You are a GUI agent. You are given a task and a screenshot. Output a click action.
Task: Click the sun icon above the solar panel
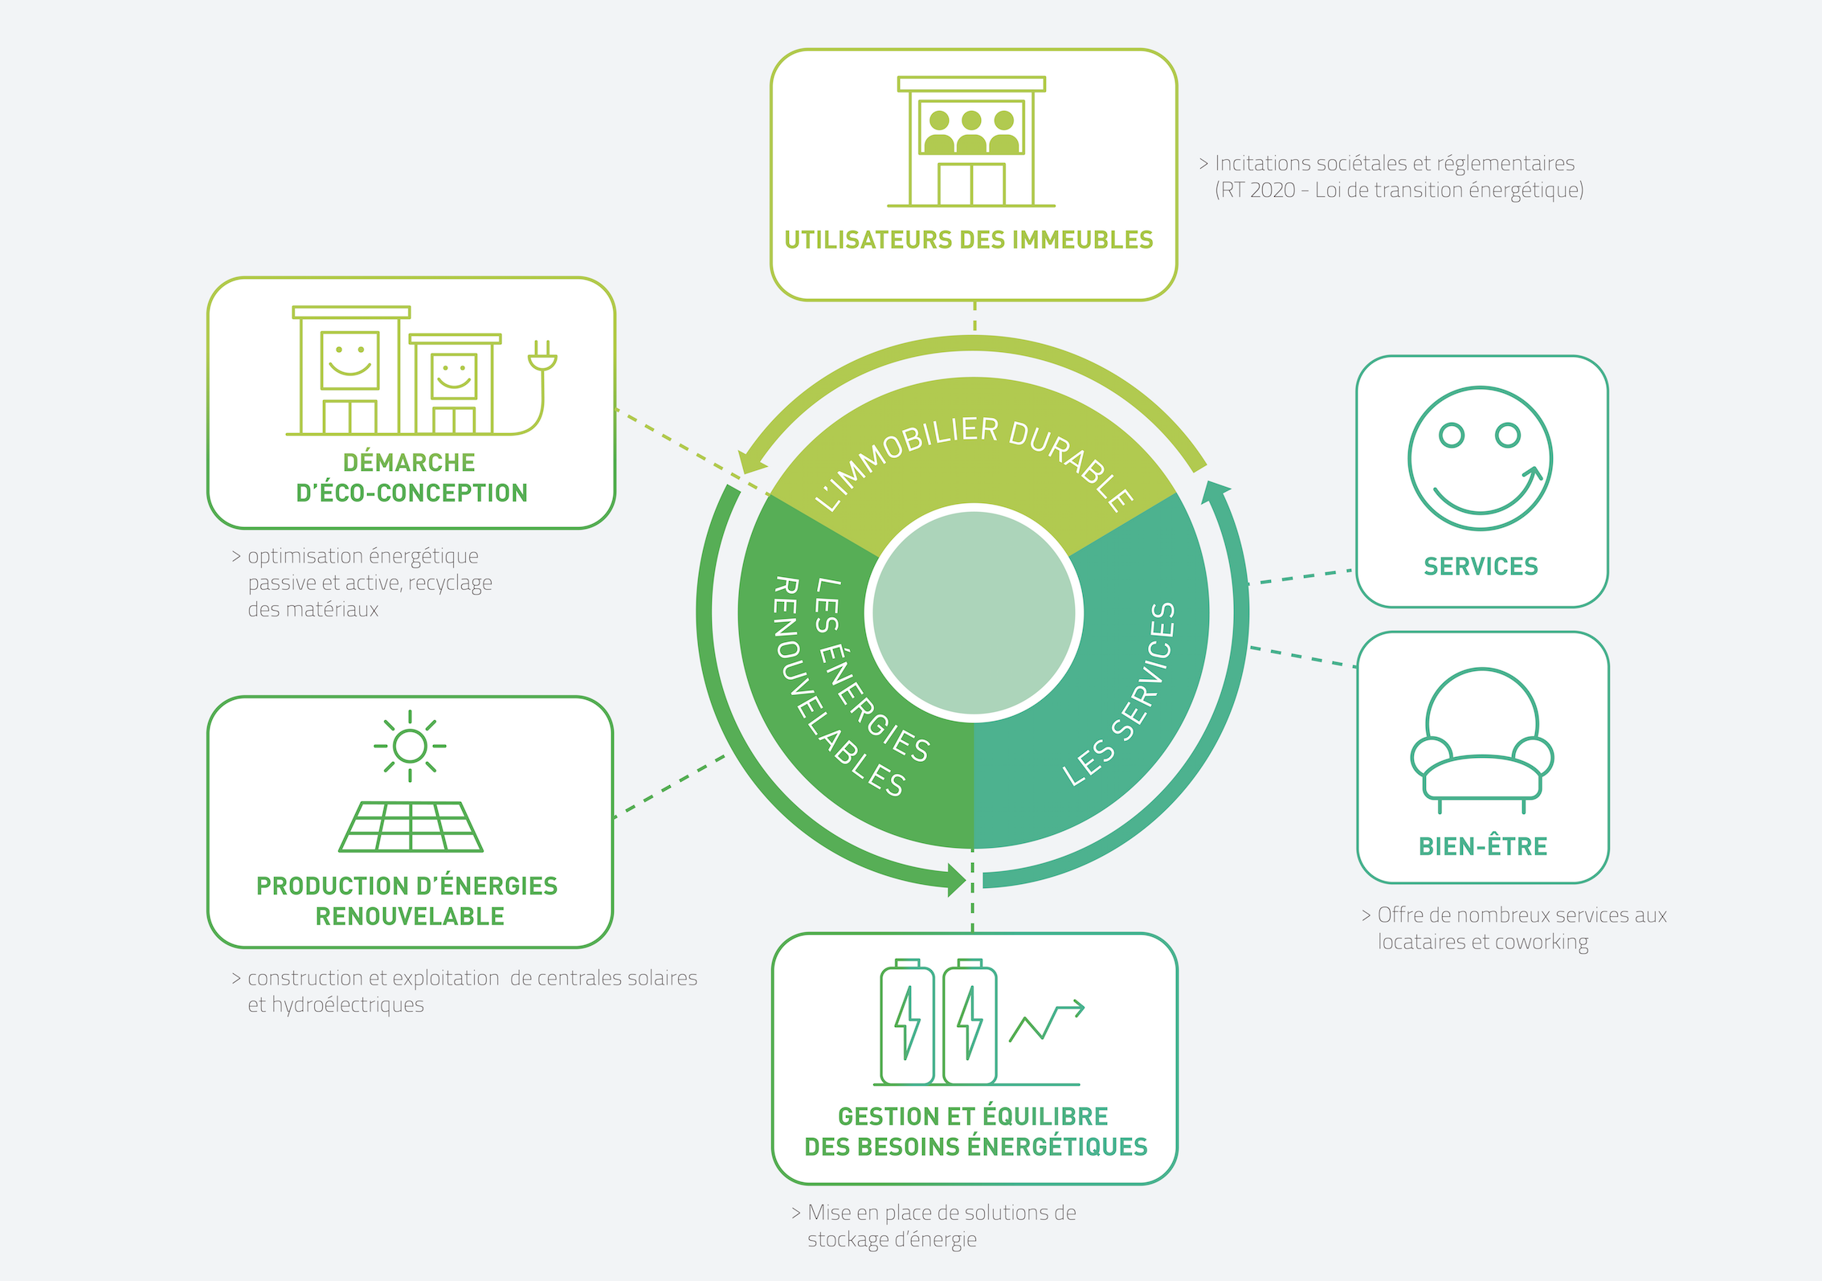pyautogui.click(x=410, y=746)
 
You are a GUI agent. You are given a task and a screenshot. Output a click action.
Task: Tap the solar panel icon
pyautogui.click(x=411, y=827)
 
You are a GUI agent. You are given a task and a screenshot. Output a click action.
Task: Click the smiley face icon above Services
pyautogui.click(x=1480, y=459)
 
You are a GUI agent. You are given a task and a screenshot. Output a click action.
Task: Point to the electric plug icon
pyautogui.click(x=542, y=358)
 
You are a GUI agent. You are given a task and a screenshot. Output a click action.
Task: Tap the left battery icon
pyautogui.click(x=907, y=1022)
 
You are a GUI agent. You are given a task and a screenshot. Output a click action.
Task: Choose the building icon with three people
pyautogui.click(x=971, y=142)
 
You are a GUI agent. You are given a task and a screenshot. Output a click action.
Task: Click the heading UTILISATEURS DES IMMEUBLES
pyautogui.click(x=968, y=240)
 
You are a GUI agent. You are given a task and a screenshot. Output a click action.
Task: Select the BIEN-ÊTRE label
pyautogui.click(x=1482, y=846)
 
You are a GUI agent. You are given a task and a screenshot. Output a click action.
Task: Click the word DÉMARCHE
pyautogui.click(x=409, y=463)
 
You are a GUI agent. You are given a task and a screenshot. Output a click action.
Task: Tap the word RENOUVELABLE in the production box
pyautogui.click(x=410, y=916)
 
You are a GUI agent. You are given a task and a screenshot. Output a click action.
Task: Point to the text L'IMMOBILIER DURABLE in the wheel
pyautogui.click(x=974, y=457)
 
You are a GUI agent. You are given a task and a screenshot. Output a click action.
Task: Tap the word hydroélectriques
pyautogui.click(x=347, y=1005)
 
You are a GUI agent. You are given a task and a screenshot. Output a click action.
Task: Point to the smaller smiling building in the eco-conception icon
pyautogui.click(x=455, y=384)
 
